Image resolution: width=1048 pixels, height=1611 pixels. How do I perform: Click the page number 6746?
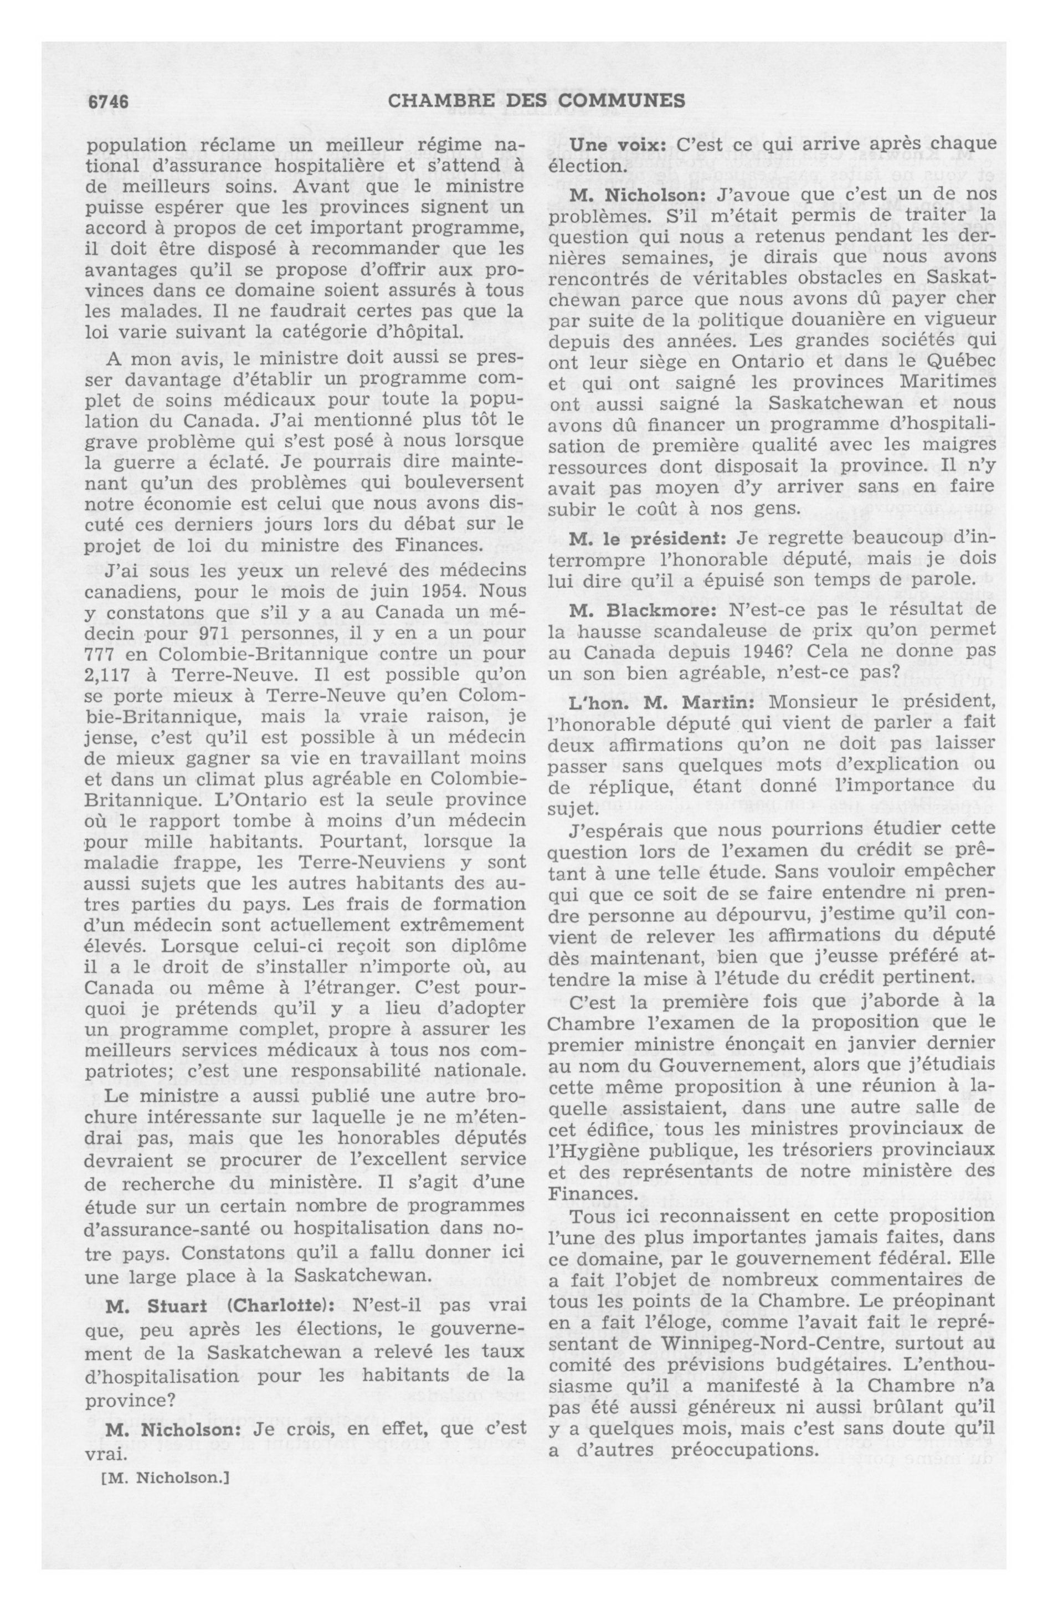click(x=109, y=101)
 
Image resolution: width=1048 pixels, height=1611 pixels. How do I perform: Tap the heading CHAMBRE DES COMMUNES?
click(x=537, y=101)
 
